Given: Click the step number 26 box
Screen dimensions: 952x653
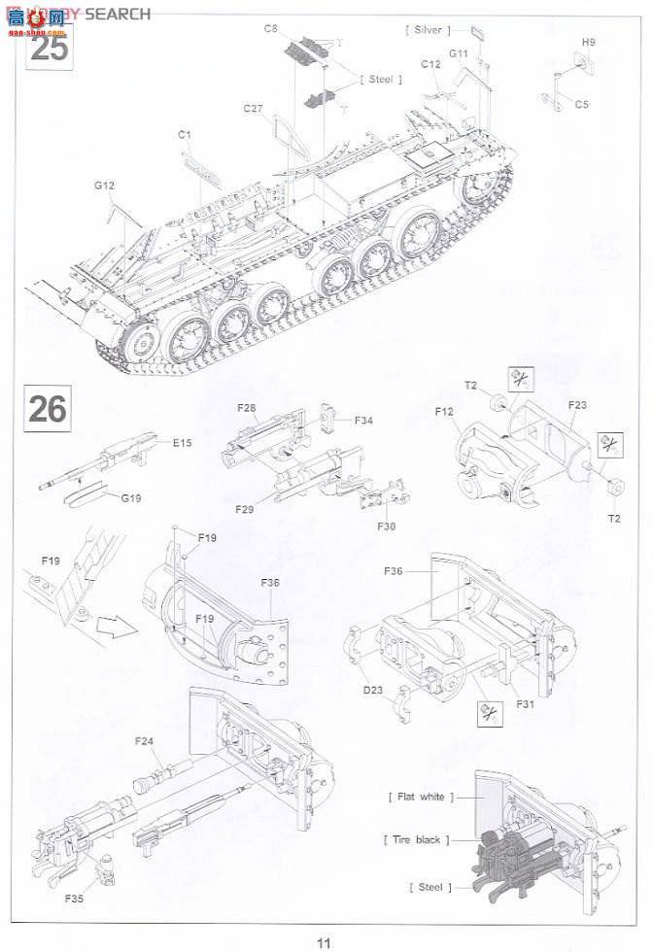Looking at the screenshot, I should click(x=48, y=408).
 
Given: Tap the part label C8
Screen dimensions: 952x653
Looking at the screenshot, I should click(x=272, y=28).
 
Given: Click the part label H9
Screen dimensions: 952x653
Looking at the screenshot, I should click(x=588, y=42).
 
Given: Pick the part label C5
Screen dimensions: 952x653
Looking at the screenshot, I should click(x=581, y=103).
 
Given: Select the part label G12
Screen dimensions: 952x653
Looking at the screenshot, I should click(x=105, y=185).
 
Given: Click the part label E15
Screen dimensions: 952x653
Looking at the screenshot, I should click(x=183, y=443).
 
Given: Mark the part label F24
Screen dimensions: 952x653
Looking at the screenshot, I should click(x=145, y=741).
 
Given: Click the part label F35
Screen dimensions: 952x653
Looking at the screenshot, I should click(x=75, y=898).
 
